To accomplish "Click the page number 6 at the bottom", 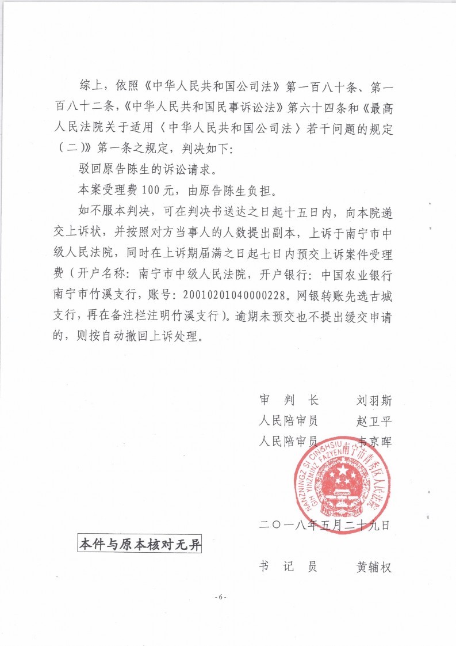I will point(221,596).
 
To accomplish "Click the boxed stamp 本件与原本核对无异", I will point(139,544).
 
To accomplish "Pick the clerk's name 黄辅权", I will point(374,567).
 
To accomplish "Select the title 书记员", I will point(289,567).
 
